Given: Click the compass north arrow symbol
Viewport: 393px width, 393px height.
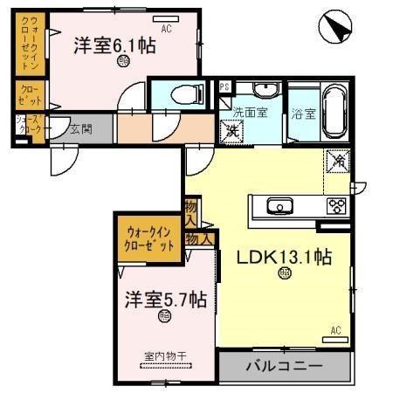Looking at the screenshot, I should (x=335, y=29).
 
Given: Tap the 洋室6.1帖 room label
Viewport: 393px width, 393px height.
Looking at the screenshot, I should (x=114, y=45).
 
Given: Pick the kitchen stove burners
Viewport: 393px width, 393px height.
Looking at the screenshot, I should (x=337, y=206).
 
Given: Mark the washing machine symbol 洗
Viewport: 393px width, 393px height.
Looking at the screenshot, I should (x=233, y=131).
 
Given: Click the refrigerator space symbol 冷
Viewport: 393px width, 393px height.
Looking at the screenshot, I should (x=337, y=161).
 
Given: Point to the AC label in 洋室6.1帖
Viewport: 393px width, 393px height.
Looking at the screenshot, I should (x=166, y=28).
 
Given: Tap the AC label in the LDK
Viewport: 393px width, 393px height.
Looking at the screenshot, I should (x=335, y=329).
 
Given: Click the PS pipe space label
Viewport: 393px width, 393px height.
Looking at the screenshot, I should (x=224, y=86).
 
